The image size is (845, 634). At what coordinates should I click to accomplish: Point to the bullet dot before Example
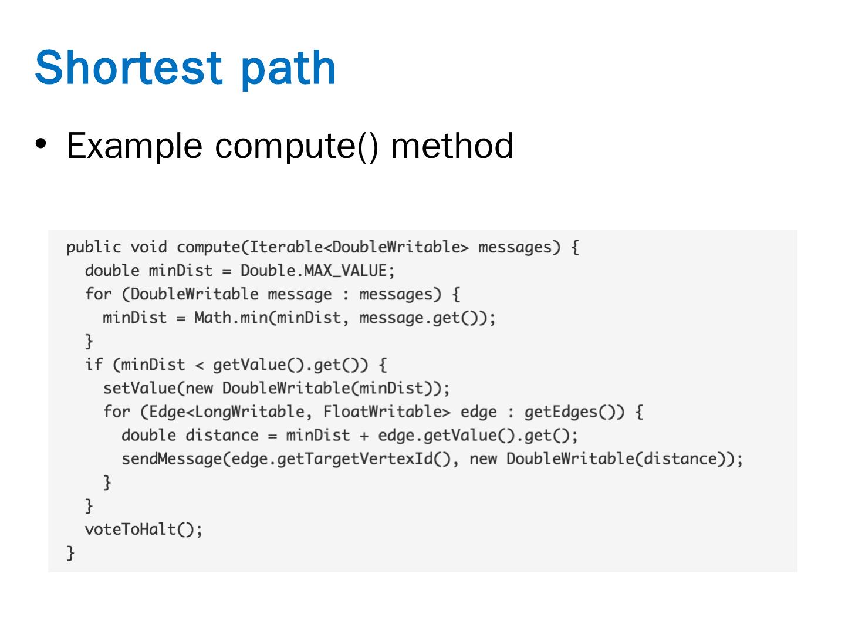[x=40, y=143]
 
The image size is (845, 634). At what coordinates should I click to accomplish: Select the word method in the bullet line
[x=452, y=145]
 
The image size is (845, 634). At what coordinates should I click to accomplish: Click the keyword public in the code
[x=93, y=248]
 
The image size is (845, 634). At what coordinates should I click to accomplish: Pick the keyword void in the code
[x=148, y=248]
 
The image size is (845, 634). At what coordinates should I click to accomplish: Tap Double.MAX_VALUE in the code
[x=313, y=271]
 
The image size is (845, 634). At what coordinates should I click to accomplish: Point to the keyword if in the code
[x=93, y=365]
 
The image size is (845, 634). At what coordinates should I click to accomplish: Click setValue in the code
[x=139, y=389]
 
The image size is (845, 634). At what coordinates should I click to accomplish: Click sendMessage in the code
[x=171, y=459]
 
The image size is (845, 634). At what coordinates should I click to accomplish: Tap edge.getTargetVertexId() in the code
[x=344, y=459]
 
